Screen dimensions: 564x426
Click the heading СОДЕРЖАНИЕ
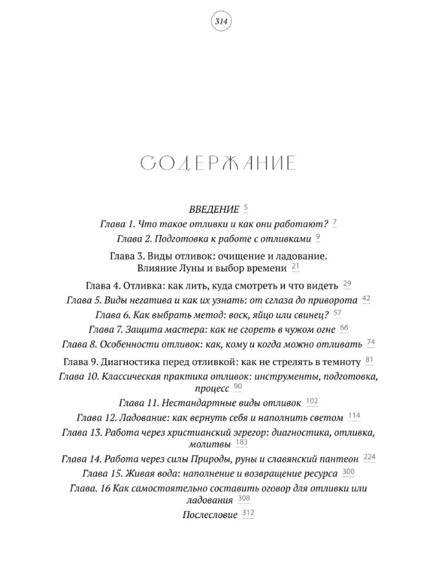tap(218, 164)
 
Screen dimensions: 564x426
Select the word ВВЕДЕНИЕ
tap(214, 209)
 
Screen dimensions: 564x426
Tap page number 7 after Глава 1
tap(334, 223)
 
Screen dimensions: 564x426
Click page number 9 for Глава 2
tap(318, 238)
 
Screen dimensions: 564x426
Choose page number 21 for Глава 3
tap(295, 266)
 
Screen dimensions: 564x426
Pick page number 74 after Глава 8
tap(371, 343)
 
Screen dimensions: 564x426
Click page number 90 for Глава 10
tap(238, 387)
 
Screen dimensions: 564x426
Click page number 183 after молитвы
tap(241, 442)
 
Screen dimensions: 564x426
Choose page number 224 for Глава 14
tap(369, 458)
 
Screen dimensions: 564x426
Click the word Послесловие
tap(209, 515)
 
